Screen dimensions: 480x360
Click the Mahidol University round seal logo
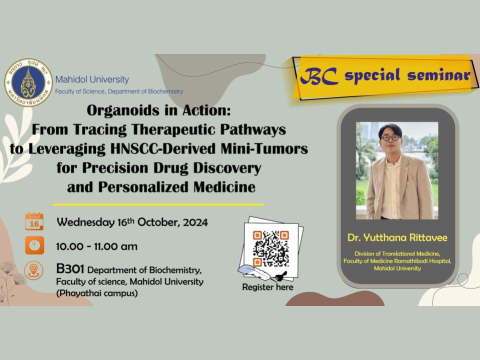click(x=28, y=82)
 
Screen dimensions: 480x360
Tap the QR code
click(x=271, y=248)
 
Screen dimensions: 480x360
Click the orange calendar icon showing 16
click(x=34, y=221)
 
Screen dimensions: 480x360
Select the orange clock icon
click(x=34, y=245)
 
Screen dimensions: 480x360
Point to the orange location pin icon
click(x=33, y=270)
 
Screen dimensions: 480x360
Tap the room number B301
click(x=70, y=269)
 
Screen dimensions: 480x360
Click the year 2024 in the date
click(x=195, y=222)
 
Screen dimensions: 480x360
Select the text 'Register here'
click(x=267, y=287)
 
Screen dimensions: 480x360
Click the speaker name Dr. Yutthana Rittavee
click(x=397, y=237)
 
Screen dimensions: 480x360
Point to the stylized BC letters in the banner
click(x=318, y=75)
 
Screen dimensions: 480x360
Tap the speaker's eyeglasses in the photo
click(x=390, y=138)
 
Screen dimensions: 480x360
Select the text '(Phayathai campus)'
click(x=97, y=293)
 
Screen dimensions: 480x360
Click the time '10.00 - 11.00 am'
click(x=96, y=246)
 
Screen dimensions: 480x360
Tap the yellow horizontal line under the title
click(x=158, y=204)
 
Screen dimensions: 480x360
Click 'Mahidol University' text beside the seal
click(x=92, y=79)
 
